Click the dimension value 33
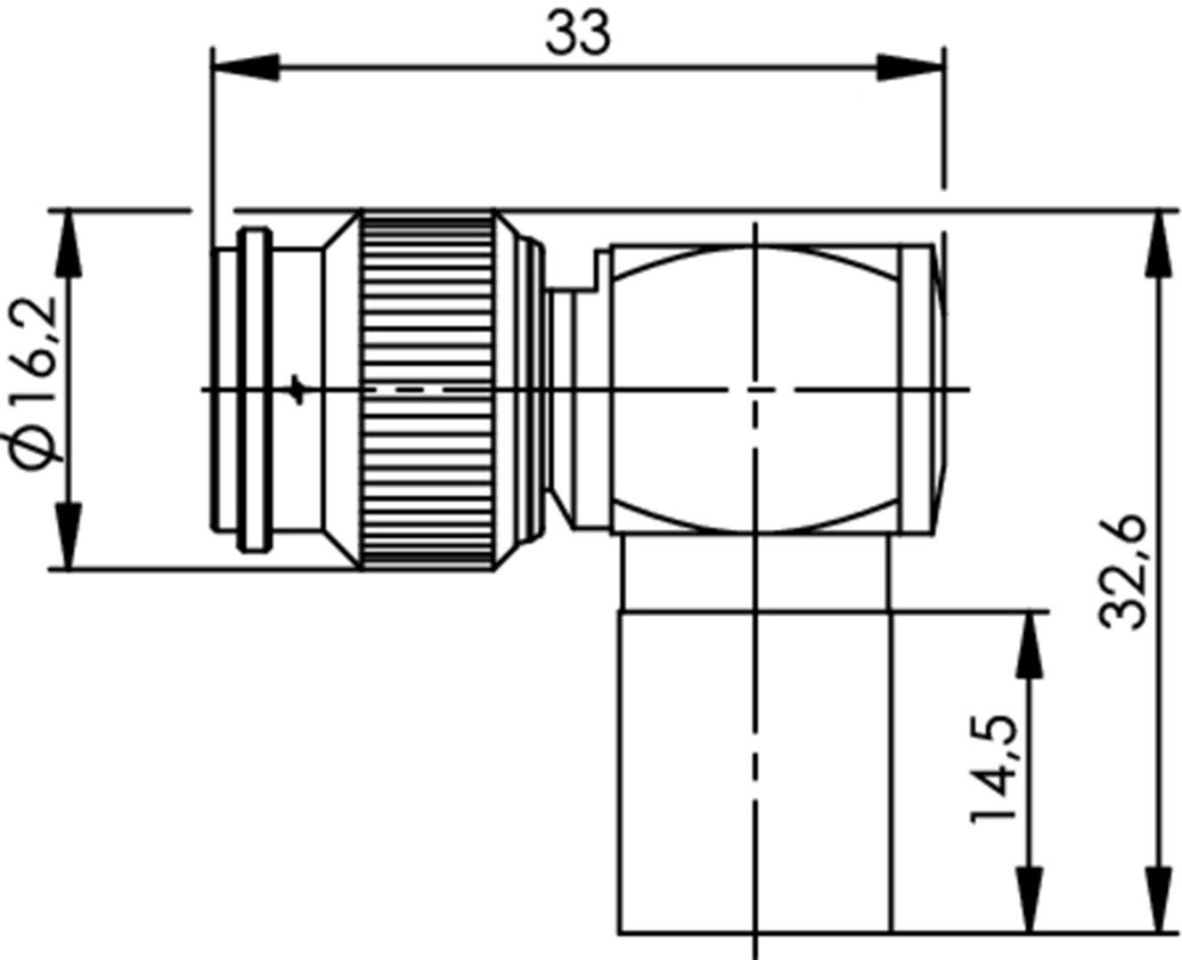pos(578,33)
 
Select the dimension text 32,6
pos(1123,572)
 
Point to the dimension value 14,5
pos(994,768)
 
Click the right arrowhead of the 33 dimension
pos(910,67)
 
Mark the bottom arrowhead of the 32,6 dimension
pos(1157,901)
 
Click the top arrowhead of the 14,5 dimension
pos(1029,644)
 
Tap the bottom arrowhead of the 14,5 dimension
pos(1029,901)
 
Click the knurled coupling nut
pos(427,390)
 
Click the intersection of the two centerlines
pos(755,390)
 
